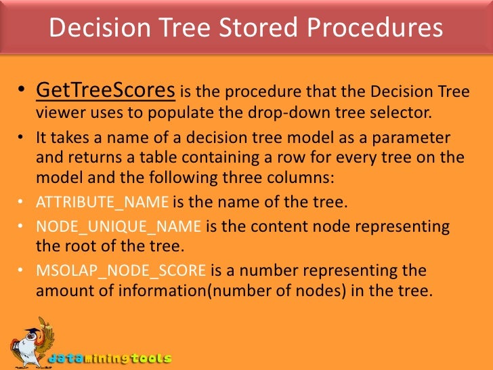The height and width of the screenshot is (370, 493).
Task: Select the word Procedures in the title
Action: pyautogui.click(x=377, y=28)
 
